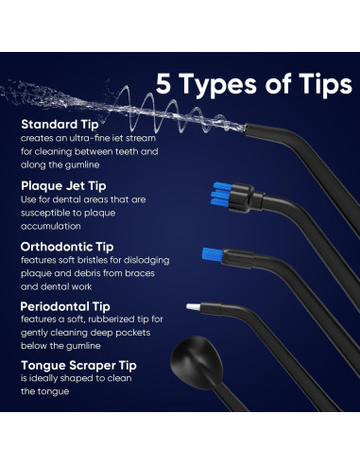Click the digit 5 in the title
click(x=163, y=83)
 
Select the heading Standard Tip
click(x=60, y=125)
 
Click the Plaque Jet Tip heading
click(x=63, y=186)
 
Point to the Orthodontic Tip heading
click(x=67, y=247)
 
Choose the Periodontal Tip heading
click(x=65, y=306)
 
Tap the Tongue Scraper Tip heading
click(x=78, y=366)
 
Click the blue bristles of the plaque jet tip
click(x=221, y=195)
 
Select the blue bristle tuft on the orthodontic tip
click(x=213, y=255)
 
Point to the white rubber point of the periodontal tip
click(x=193, y=307)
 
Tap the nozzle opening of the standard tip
click(x=245, y=129)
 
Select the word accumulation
click(x=51, y=226)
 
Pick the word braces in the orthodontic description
click(x=140, y=273)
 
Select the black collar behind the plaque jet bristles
click(x=243, y=198)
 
